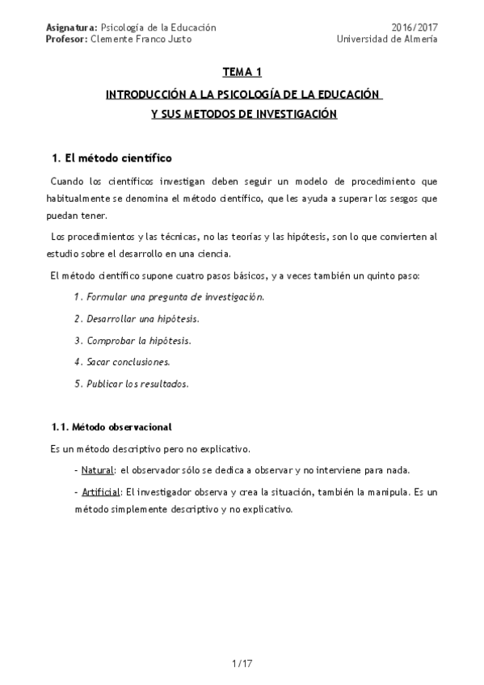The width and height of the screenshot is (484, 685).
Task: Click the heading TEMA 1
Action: (x=243, y=73)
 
